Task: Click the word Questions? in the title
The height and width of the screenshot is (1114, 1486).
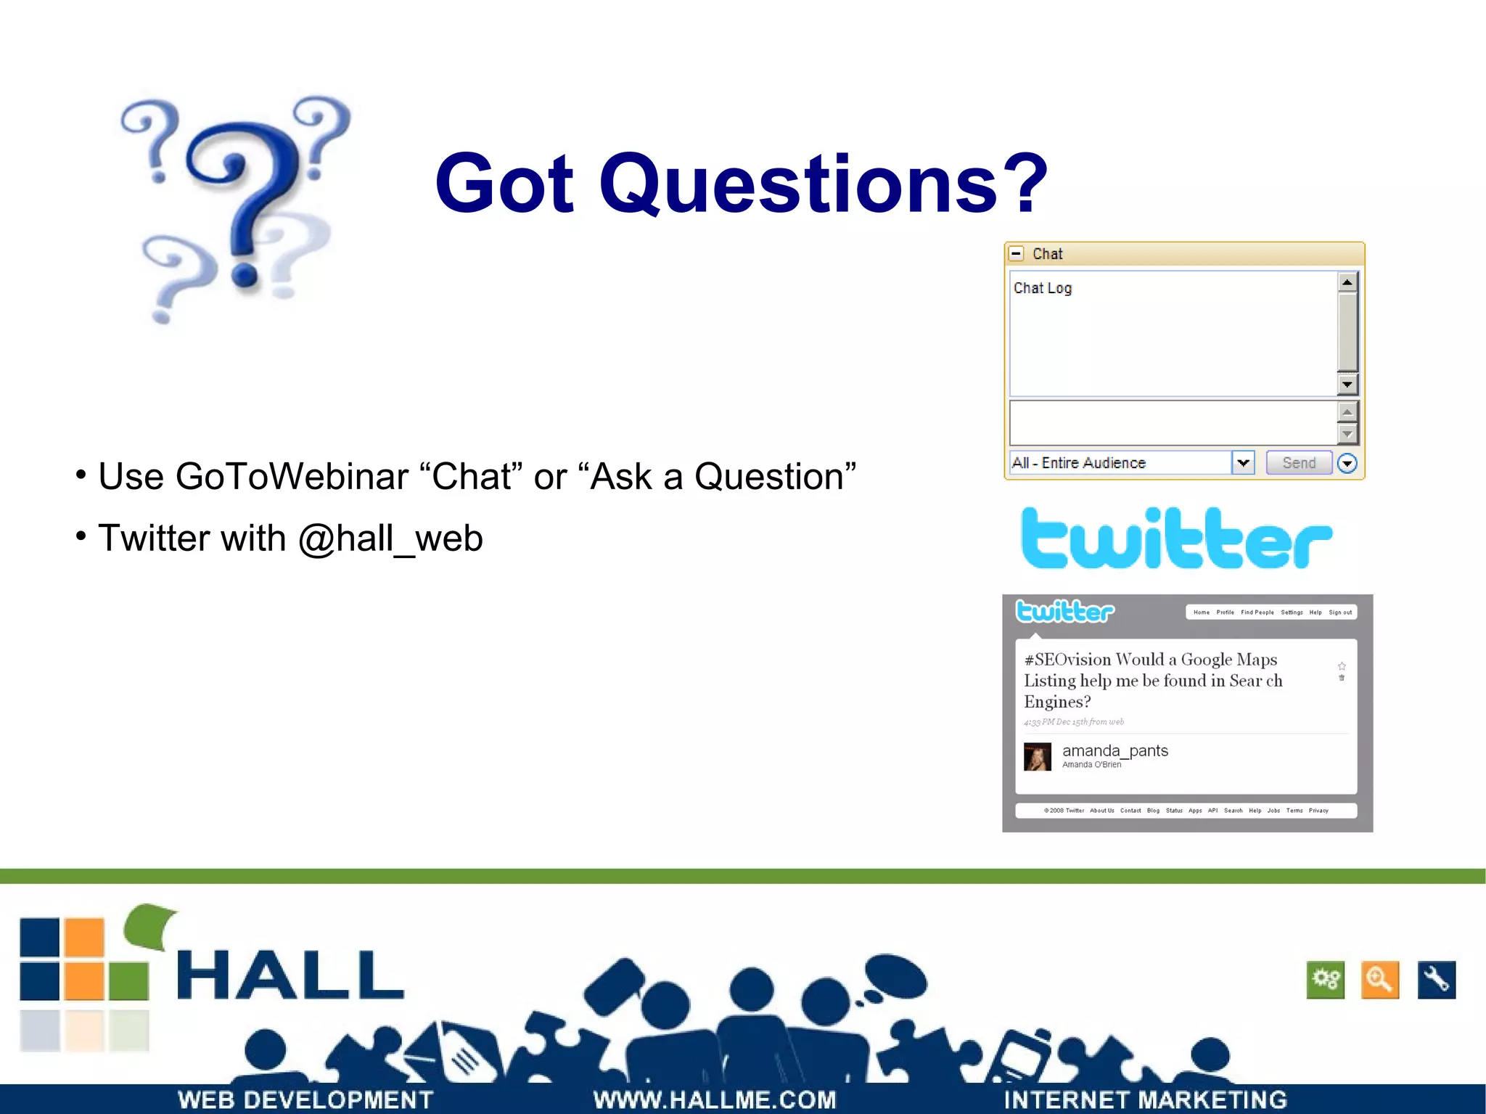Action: click(x=824, y=184)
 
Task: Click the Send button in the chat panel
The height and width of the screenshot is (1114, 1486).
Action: click(x=1298, y=463)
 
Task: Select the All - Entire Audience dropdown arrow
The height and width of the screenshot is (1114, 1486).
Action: click(x=1243, y=463)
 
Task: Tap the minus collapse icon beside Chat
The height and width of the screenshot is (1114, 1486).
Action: click(x=1017, y=254)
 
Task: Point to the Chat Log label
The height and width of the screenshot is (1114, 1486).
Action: click(x=1042, y=288)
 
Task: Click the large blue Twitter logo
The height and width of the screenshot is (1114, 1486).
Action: click(x=1175, y=538)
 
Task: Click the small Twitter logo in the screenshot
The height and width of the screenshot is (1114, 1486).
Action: click(x=1064, y=612)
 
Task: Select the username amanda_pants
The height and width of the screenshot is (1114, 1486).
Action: click(x=1114, y=750)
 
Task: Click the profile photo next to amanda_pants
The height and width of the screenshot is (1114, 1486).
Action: click(x=1037, y=757)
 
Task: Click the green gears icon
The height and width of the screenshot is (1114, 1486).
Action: click(x=1325, y=980)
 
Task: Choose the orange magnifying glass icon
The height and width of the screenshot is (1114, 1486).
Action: click(x=1379, y=980)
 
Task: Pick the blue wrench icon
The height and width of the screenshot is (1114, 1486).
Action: click(x=1436, y=980)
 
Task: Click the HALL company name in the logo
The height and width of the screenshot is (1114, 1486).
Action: click(x=290, y=975)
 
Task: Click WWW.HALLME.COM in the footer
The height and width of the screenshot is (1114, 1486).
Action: click(x=714, y=1099)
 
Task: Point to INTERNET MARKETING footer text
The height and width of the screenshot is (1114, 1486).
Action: click(x=1144, y=1099)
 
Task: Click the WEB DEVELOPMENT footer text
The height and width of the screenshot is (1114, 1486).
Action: click(x=305, y=1099)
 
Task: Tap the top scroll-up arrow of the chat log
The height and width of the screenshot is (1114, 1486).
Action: click(x=1347, y=282)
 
